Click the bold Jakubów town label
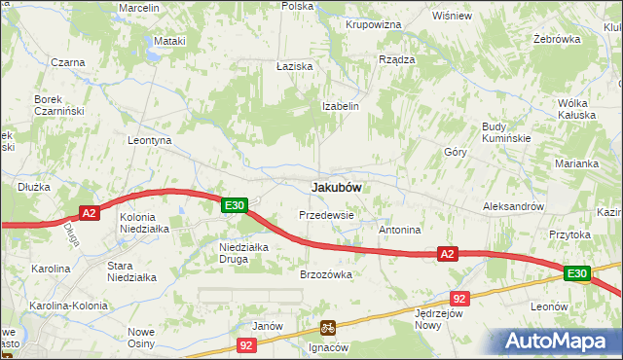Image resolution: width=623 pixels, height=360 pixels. (x=337, y=186)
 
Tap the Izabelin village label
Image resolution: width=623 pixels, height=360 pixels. (x=342, y=106)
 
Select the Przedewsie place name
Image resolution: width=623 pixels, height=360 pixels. (x=326, y=214)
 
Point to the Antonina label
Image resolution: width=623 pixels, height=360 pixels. (x=399, y=231)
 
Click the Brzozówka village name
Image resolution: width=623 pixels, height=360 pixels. (x=326, y=274)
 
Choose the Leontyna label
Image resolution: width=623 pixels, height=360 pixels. (x=150, y=140)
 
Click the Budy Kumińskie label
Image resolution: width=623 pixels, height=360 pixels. (x=506, y=132)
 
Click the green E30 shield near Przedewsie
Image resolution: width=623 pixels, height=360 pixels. (x=235, y=205)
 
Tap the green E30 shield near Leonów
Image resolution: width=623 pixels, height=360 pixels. (x=576, y=274)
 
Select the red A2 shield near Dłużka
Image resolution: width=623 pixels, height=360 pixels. (x=89, y=213)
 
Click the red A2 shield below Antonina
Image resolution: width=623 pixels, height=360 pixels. (x=447, y=254)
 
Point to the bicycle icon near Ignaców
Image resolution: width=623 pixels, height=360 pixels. (x=329, y=329)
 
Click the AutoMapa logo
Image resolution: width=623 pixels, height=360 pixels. (x=559, y=342)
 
